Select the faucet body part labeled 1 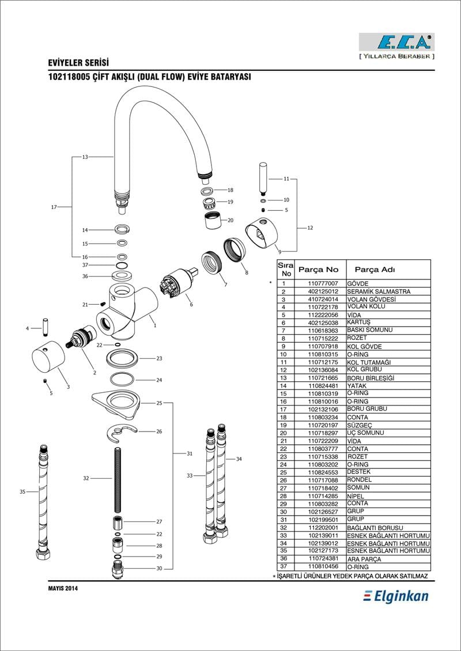128,310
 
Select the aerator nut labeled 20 213,220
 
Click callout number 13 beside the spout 85,157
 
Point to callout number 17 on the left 54,207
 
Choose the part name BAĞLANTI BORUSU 375,528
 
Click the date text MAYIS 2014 63,588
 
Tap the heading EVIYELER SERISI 78,63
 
